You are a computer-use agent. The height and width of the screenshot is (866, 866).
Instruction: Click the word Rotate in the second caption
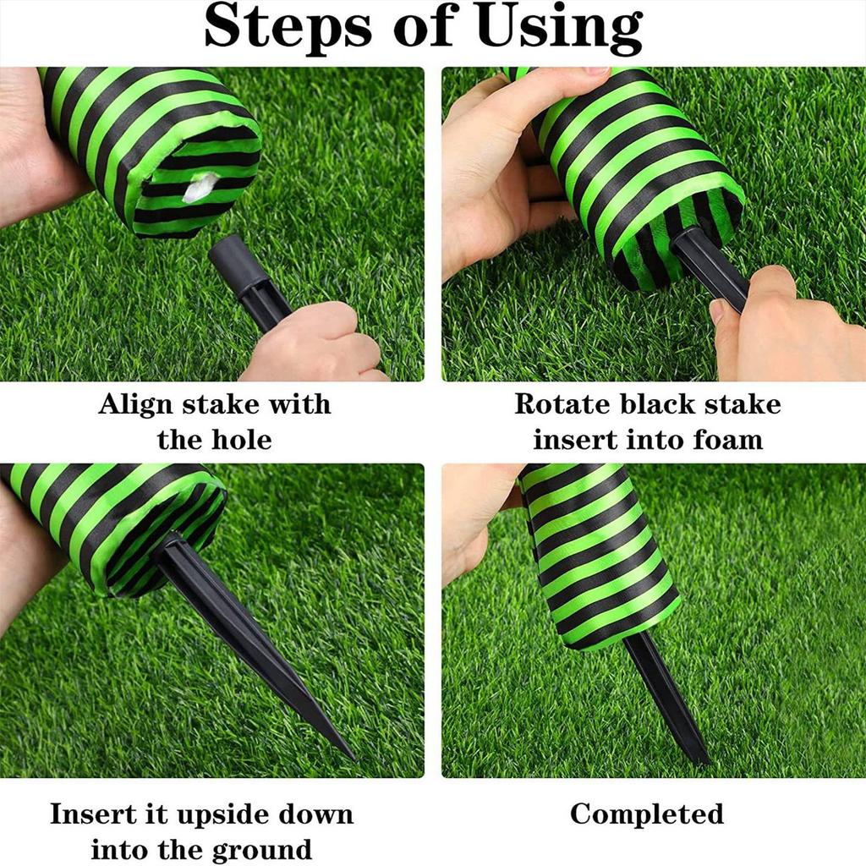click(562, 404)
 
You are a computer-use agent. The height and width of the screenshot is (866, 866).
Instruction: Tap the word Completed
click(647, 814)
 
